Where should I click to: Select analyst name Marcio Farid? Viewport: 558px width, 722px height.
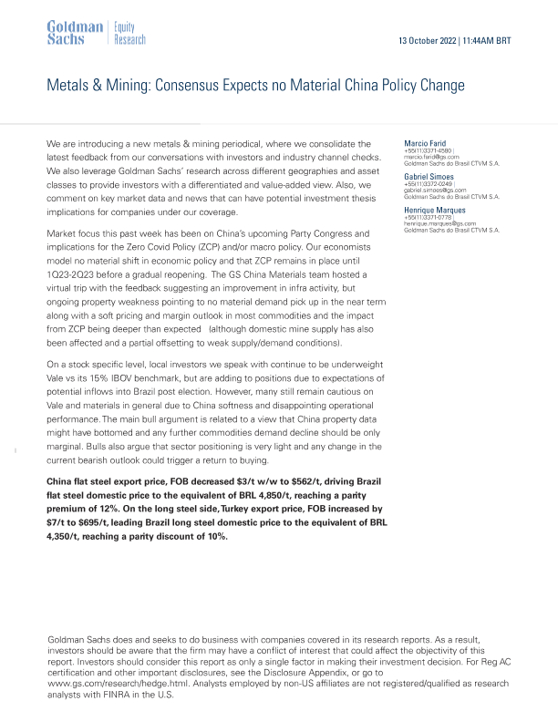(425, 143)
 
